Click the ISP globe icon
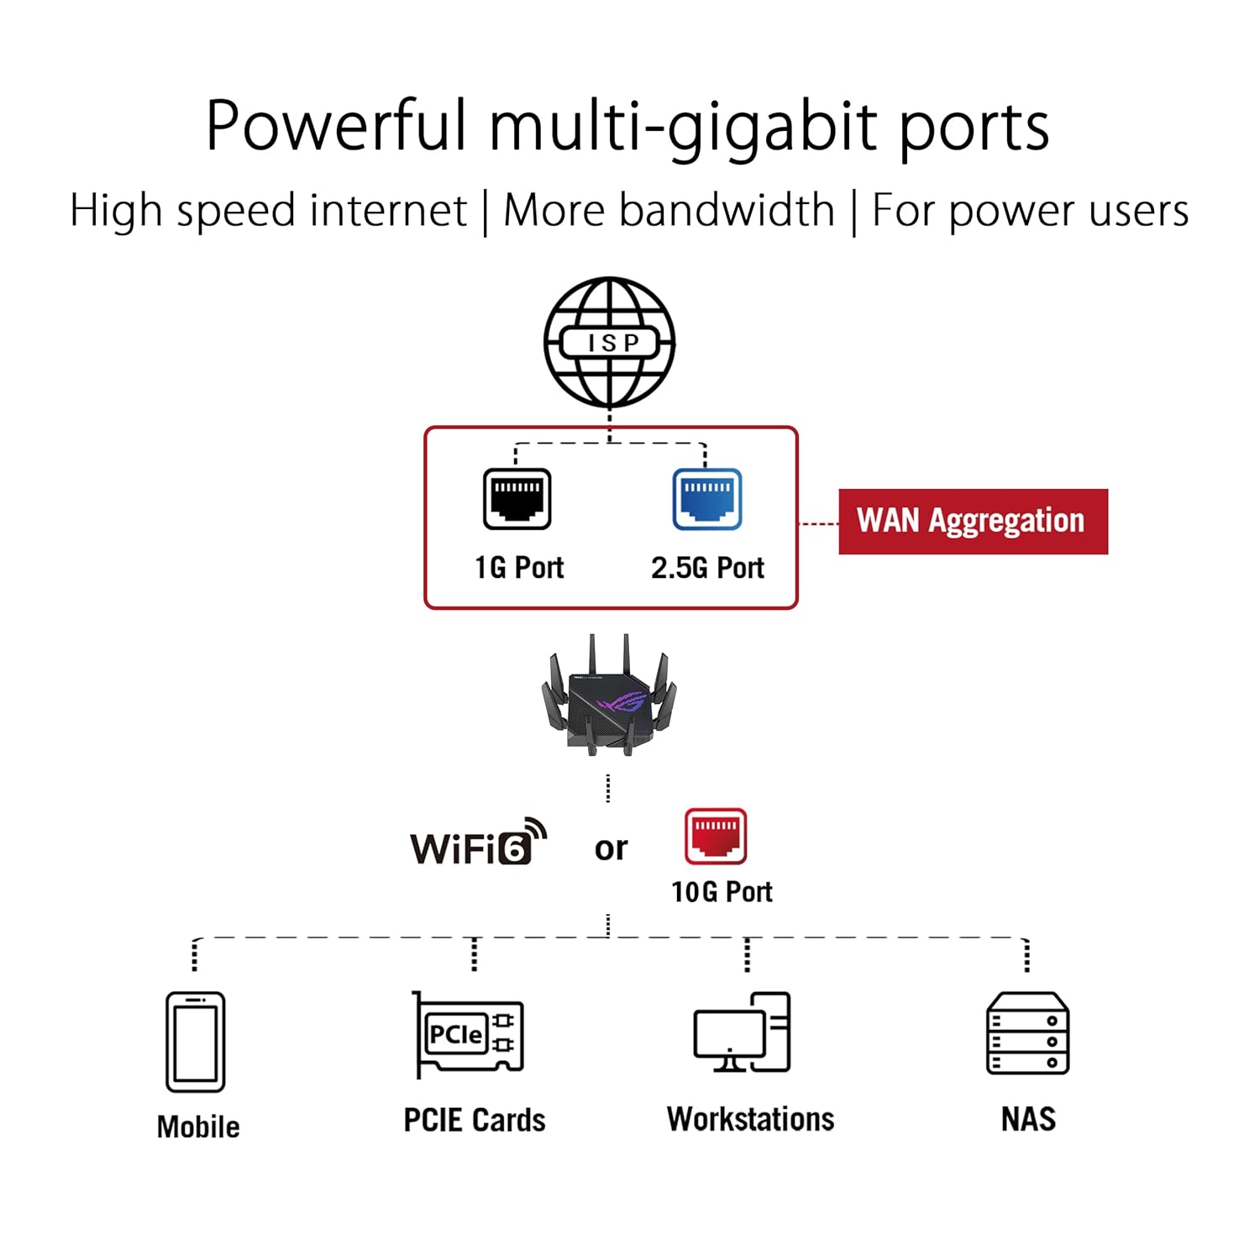coord(610,343)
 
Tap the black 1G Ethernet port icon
coord(517,499)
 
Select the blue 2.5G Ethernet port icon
coord(706,499)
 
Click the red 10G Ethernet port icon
coord(715,837)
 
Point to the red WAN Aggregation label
coord(973,521)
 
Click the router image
coord(609,696)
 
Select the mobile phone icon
coord(195,1042)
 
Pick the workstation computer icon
coord(742,1032)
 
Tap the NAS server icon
coord(1026,1033)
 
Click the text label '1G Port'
coord(519,568)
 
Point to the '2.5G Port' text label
coord(707,568)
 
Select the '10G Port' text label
coord(722,891)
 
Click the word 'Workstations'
coord(750,1119)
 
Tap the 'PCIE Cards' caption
coord(475,1120)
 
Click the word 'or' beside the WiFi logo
coord(611,848)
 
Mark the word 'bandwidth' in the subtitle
coord(727,210)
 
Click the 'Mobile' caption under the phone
coord(198,1126)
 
